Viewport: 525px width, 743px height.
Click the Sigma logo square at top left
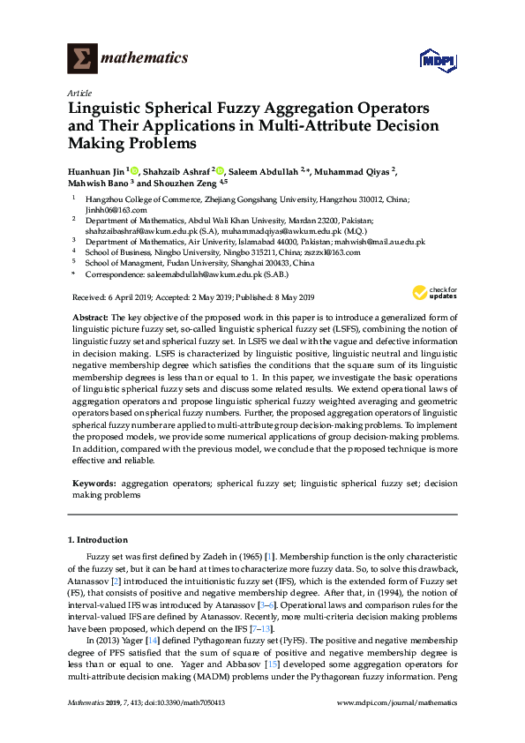[x=82, y=59]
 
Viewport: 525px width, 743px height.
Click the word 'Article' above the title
[x=78, y=93]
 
